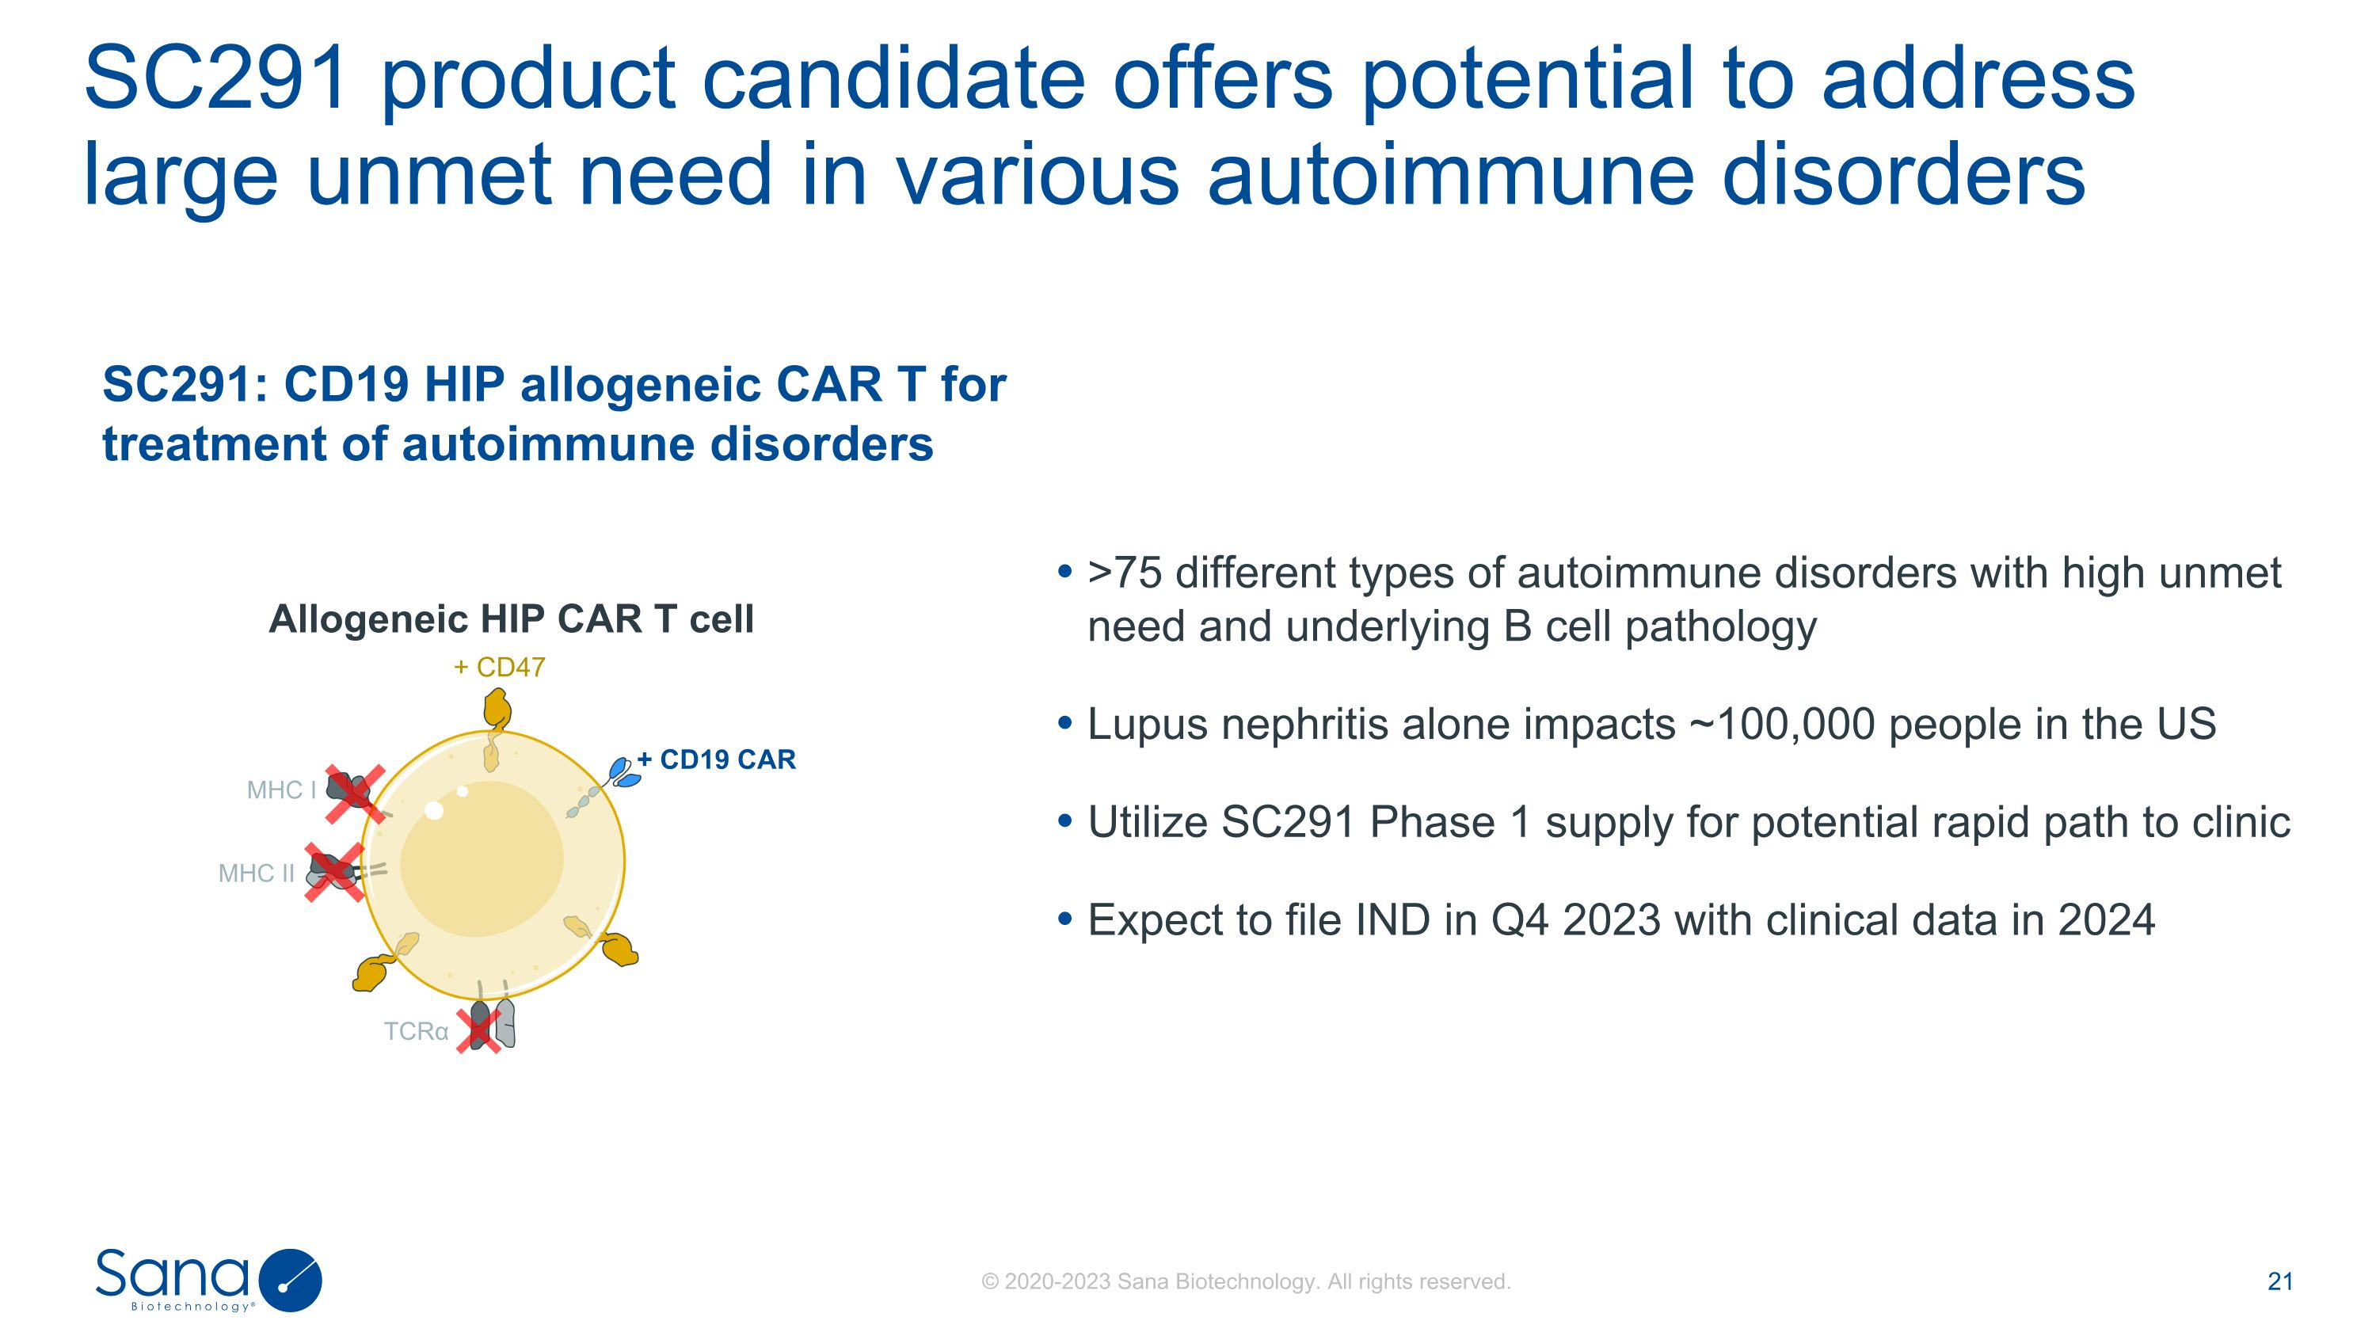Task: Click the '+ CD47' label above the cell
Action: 499,667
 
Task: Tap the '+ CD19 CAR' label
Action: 716,759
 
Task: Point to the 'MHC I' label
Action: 281,790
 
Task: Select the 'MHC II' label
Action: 257,874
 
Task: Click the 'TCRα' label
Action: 416,1031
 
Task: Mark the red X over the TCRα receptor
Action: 478,1028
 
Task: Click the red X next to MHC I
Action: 354,793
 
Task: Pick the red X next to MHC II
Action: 335,871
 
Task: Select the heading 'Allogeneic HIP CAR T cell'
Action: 511,619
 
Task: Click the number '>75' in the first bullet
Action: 1125,573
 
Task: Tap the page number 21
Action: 2280,1281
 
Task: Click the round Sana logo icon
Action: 291,1281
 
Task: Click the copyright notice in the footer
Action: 1246,1281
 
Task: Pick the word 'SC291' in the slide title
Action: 216,78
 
